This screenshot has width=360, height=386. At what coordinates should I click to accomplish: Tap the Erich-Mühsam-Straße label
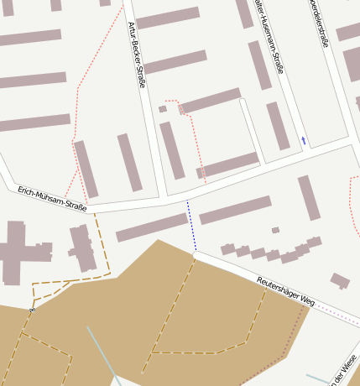(52, 199)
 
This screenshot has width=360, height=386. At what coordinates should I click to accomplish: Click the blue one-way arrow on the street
(303, 140)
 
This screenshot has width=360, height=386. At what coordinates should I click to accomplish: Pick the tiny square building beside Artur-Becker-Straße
(163, 109)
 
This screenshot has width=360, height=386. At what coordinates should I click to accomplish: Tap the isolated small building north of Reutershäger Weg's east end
(340, 280)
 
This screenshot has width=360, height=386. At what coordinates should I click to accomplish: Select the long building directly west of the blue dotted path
(151, 227)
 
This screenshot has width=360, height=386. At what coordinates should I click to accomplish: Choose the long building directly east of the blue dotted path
(235, 210)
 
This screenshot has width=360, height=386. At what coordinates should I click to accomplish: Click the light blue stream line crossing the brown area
(101, 352)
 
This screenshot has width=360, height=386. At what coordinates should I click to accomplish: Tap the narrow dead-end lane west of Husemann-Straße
(253, 130)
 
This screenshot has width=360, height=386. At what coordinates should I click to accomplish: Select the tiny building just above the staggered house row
(275, 230)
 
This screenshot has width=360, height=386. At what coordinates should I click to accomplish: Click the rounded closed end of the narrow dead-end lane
(243, 102)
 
